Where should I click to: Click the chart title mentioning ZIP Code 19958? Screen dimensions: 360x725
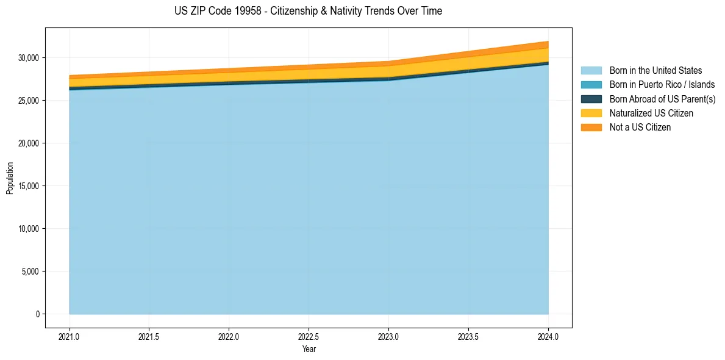coord(308,11)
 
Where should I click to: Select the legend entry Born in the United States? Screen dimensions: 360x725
coord(655,71)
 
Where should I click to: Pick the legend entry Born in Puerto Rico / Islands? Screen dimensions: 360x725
coord(662,85)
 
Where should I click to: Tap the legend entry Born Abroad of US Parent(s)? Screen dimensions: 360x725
coord(662,99)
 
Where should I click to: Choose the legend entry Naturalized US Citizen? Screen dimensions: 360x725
coord(651,113)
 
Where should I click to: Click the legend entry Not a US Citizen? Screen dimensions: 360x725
coord(640,128)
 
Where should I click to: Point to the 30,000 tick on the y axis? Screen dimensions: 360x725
coord(29,58)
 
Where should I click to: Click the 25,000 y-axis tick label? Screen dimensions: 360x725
coord(29,101)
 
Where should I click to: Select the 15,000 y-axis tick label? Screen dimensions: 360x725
coord(29,186)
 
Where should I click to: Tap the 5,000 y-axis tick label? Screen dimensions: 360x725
coord(30,272)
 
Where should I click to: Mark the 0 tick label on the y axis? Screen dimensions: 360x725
coord(37,314)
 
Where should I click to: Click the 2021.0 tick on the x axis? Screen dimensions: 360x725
coord(69,336)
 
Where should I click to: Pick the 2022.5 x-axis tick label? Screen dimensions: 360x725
coord(309,336)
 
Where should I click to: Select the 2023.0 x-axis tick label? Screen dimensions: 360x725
coord(388,336)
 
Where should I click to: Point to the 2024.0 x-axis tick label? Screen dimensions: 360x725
coord(548,336)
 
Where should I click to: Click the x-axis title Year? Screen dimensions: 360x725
coord(309,350)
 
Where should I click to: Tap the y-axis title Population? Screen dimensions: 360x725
coord(10,178)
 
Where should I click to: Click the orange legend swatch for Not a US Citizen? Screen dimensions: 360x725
coord(591,128)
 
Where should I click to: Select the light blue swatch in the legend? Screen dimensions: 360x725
coord(591,71)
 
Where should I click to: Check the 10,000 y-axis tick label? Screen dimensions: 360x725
coord(29,229)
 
